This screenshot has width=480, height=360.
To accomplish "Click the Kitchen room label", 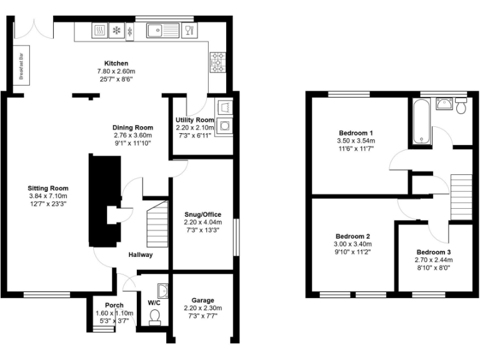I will [x=116, y=63].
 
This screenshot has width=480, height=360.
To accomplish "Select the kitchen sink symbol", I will [x=162, y=30].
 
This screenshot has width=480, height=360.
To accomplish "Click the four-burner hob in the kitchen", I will [x=218, y=62].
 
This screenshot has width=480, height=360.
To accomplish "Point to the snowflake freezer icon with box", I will [x=116, y=30].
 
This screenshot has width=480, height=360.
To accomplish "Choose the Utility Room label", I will [x=194, y=120].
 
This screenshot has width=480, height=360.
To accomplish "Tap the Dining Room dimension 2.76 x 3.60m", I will [x=132, y=136].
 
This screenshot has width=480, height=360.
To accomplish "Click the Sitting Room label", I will [x=47, y=188].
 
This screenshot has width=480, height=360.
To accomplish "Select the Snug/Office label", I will [x=202, y=214].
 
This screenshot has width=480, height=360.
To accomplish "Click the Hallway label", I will [x=141, y=255].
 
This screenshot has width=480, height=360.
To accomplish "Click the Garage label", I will [x=202, y=300].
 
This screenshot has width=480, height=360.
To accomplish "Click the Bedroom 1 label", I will [x=356, y=133].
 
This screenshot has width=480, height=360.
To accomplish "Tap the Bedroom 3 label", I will [x=433, y=252].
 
